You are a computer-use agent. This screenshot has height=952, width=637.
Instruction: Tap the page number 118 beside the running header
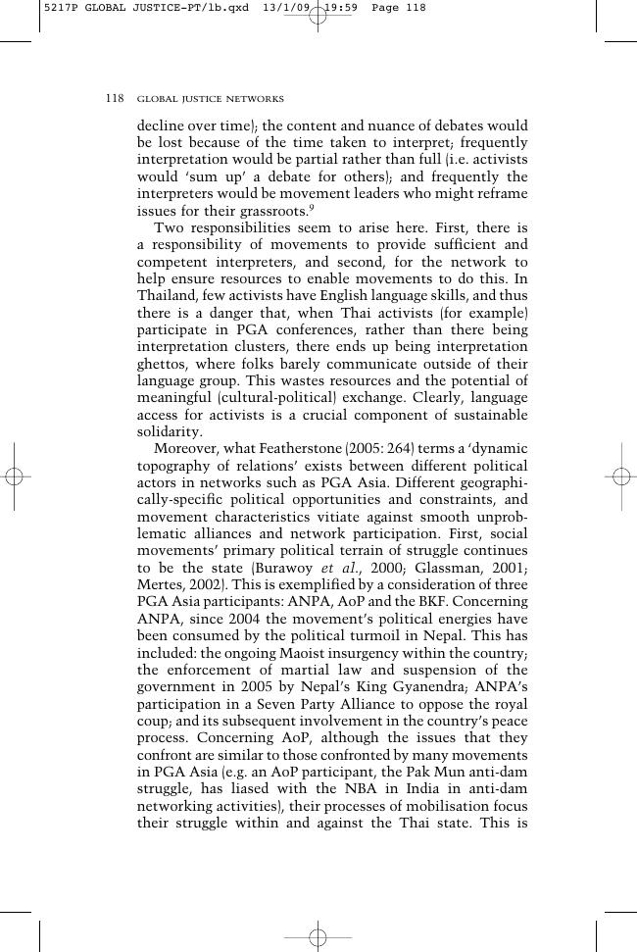tap(115, 99)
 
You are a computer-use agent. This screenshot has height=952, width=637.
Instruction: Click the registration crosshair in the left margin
tap(14, 476)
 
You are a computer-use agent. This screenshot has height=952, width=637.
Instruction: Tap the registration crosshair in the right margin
tap(621, 476)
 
